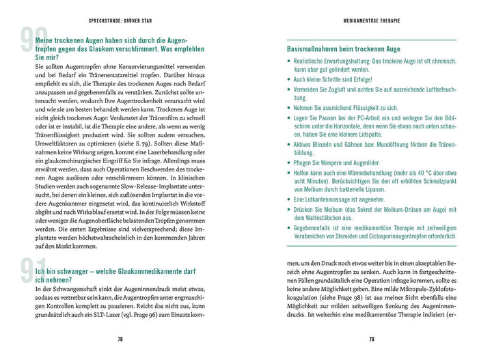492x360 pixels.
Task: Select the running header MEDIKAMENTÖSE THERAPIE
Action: click(x=372, y=20)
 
